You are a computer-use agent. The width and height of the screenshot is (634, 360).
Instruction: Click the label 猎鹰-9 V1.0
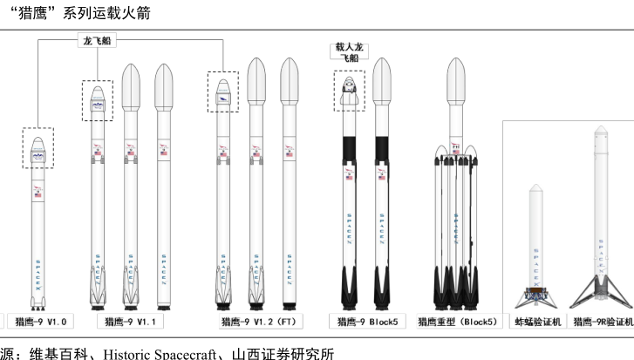tap(37, 322)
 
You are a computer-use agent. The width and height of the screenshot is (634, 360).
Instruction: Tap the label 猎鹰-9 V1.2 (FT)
tap(259, 322)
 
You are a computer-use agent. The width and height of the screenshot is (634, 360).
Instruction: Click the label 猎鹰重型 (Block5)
tap(457, 322)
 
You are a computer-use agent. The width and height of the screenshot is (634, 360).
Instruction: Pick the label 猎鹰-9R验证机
tap(602, 322)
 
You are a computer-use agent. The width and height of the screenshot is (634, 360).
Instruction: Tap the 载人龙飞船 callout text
tap(348, 51)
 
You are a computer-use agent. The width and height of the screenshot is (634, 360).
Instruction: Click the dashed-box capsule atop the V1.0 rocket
tap(38, 149)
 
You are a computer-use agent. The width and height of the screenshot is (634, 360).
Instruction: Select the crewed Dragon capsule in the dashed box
tap(349, 92)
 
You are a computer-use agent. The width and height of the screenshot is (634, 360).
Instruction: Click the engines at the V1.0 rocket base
tap(37, 305)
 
